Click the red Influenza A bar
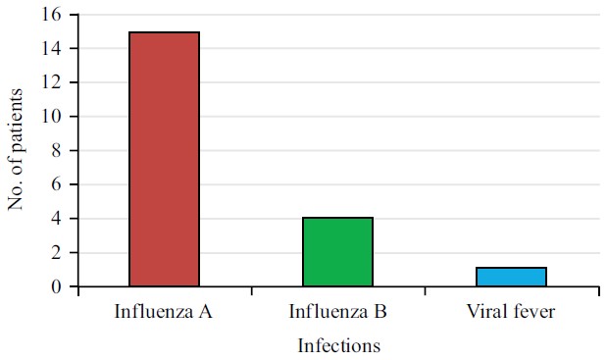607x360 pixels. click(164, 159)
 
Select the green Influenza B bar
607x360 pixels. click(337, 252)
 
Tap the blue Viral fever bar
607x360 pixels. click(511, 277)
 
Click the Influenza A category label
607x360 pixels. click(164, 313)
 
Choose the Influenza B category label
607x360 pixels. click(337, 313)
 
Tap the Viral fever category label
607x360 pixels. click(511, 313)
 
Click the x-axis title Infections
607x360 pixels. click(338, 345)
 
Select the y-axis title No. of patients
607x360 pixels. click(16, 150)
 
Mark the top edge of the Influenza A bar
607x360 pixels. click(164, 32)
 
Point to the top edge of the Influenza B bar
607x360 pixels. click(337, 218)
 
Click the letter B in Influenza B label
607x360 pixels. click(380, 313)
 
